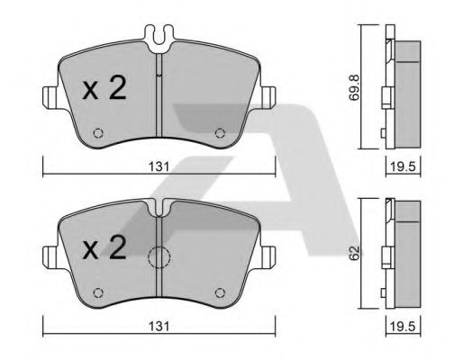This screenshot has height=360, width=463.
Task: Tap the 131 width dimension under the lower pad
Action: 159,326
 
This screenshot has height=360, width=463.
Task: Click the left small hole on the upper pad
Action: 99,135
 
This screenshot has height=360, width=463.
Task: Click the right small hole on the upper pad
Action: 221,135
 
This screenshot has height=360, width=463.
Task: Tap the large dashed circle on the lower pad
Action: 159,259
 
